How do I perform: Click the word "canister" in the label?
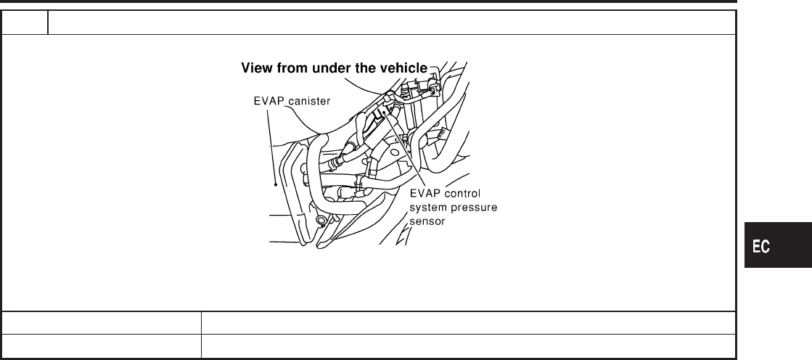308,101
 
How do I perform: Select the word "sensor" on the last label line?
427,222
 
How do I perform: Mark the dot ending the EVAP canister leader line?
276,184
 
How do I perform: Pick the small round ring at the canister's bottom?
320,219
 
